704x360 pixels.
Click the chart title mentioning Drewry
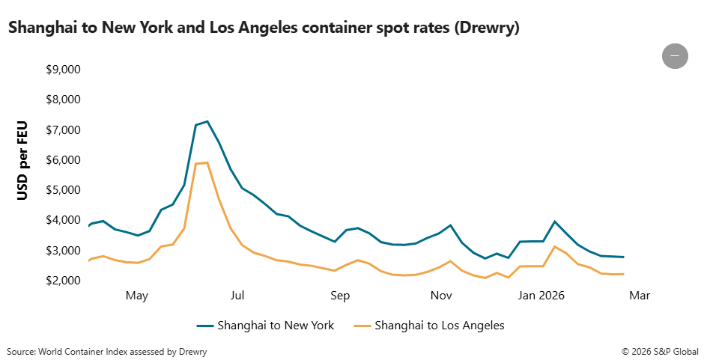(264, 28)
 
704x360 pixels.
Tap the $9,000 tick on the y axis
(64, 70)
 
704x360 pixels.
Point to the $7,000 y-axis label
(64, 130)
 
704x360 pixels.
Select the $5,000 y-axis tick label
(64, 190)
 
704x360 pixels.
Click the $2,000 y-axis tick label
(64, 281)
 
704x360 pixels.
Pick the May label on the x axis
(137, 296)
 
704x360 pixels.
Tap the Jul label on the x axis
(238, 296)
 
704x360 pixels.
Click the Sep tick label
(340, 296)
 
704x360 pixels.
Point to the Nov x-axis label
(442, 296)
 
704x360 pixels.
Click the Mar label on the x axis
(640, 296)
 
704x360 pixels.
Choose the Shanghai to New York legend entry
(266, 326)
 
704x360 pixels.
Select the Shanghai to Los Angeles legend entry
(429, 326)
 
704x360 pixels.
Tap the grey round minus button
(675, 56)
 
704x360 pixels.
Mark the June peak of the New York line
(207, 121)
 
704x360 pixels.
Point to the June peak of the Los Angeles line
(207, 162)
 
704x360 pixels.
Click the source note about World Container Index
(107, 351)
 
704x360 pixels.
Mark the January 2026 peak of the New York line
(554, 222)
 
